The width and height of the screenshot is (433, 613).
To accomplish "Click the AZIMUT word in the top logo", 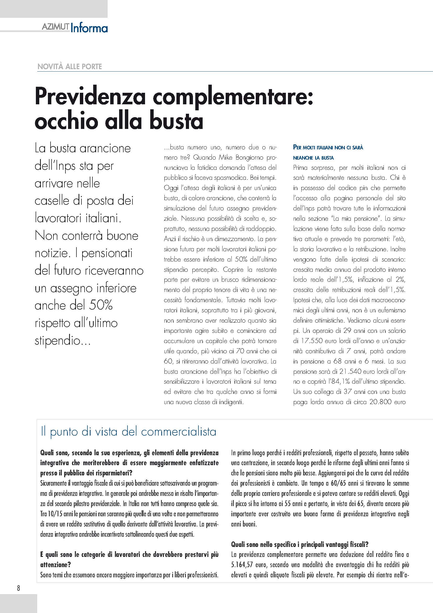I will point(55,27).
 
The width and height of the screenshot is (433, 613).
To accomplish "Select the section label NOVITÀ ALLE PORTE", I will point(70,67).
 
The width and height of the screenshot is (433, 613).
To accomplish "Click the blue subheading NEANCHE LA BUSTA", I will point(313,158).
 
